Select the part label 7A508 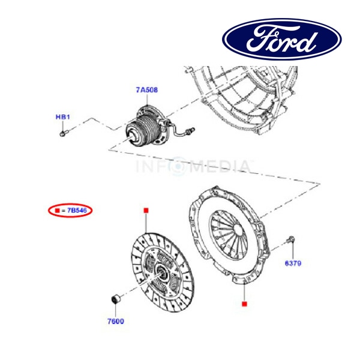tap(146, 91)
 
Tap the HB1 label tap(63, 116)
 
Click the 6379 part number tap(292, 262)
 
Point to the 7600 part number tap(115, 321)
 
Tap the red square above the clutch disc tap(145, 210)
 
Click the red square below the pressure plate tap(244, 304)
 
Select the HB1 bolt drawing tap(64, 133)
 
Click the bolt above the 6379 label tap(290, 241)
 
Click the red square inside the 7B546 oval tap(56, 211)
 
